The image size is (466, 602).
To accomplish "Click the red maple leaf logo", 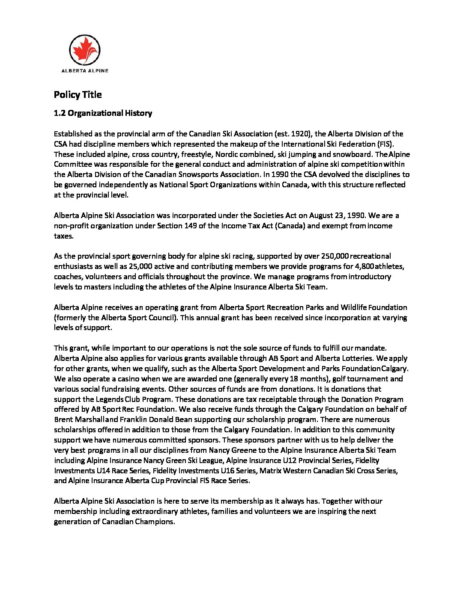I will (85, 50).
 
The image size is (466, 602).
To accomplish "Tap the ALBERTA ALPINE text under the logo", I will (85, 71).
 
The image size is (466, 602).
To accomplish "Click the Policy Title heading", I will (78, 94).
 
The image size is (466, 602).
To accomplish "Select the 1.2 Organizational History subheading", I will (103, 113).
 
